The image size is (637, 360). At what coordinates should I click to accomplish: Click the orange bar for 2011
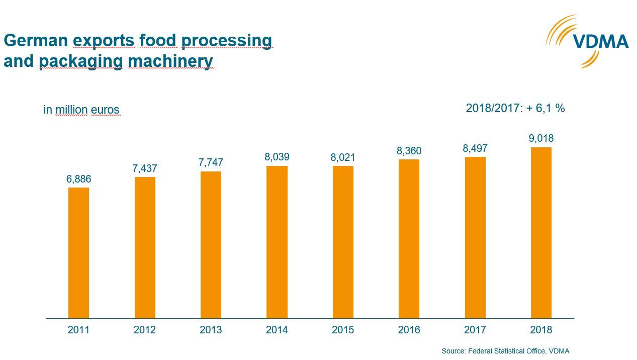tap(78, 252)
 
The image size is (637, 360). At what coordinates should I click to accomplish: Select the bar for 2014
tap(277, 242)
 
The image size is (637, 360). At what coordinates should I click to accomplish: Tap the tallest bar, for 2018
tap(541, 232)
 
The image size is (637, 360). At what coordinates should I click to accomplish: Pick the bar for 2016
tap(409, 238)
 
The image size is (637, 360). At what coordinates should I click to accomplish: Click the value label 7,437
tap(145, 168)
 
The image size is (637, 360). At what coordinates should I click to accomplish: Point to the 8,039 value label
tap(277, 157)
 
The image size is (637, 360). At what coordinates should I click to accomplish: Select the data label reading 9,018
tap(541, 138)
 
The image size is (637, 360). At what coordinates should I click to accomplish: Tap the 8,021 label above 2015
tap(343, 157)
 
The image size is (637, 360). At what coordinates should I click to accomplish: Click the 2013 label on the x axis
tap(211, 330)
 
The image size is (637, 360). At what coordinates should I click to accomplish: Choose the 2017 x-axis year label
tap(475, 330)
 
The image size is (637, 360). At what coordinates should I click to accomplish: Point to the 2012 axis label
tap(145, 330)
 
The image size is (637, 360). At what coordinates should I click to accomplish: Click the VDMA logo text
tap(601, 42)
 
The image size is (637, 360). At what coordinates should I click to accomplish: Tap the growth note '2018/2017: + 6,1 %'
tap(515, 108)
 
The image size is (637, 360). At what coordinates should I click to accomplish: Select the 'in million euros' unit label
tap(81, 110)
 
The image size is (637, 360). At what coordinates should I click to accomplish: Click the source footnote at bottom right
tap(505, 351)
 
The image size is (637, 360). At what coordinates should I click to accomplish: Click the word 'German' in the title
tap(36, 40)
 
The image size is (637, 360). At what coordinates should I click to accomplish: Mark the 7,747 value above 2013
tap(211, 162)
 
